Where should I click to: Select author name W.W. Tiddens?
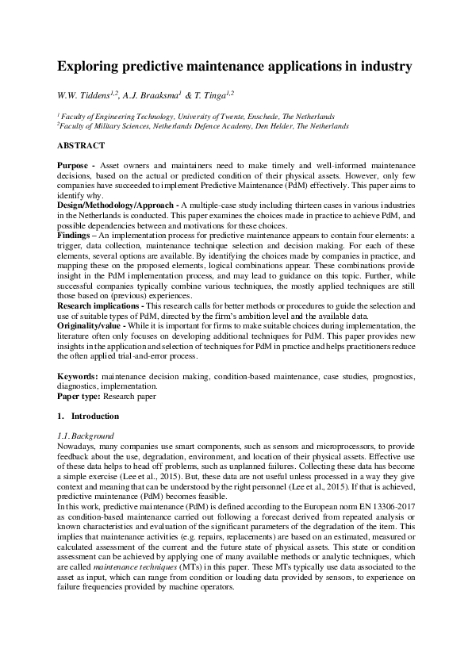84,94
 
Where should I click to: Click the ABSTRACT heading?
81,146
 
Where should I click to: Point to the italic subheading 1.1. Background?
86,436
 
